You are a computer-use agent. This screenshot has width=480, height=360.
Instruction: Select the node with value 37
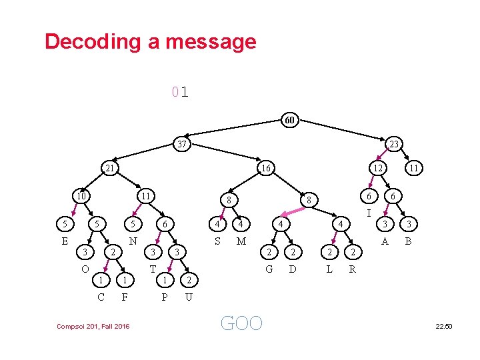click(x=180, y=144)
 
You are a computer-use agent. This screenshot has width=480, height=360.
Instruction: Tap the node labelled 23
click(x=394, y=144)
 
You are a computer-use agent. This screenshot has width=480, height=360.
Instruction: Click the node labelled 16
click(x=265, y=169)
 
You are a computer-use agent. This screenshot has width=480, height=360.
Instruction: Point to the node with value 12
click(x=377, y=169)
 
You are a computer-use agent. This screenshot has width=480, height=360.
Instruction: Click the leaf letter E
click(x=65, y=241)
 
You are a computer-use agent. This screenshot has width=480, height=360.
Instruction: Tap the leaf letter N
click(x=133, y=241)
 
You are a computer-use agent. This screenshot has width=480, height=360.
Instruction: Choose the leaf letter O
click(x=85, y=269)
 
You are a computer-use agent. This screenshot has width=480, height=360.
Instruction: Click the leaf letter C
click(x=101, y=297)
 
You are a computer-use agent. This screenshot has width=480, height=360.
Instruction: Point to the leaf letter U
click(x=189, y=297)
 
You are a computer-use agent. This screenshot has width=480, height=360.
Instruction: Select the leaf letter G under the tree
click(x=269, y=269)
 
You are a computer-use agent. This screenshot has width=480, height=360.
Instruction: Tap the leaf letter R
click(x=352, y=269)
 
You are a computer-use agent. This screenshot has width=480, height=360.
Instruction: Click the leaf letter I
click(x=369, y=213)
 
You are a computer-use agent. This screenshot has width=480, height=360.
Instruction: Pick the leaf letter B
click(x=409, y=241)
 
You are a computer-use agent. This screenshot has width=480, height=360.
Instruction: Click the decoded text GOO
click(x=241, y=323)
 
